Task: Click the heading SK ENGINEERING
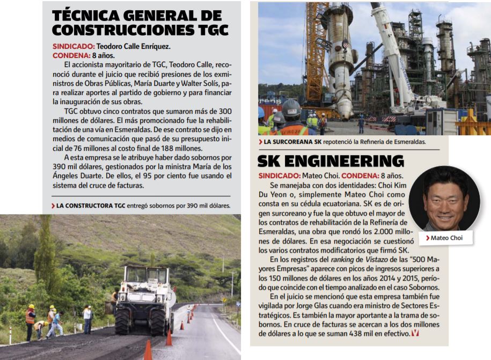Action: pos(330,160)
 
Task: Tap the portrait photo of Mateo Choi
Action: pos(445,199)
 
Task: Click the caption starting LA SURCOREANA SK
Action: pos(341,142)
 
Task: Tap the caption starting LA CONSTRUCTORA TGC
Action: pos(143,205)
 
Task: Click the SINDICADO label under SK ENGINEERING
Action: pos(279,175)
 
